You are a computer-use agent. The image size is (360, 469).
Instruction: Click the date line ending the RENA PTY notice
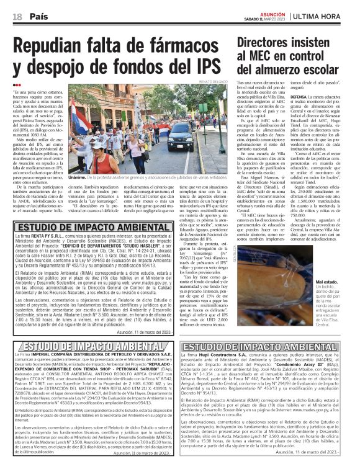click(149, 332)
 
